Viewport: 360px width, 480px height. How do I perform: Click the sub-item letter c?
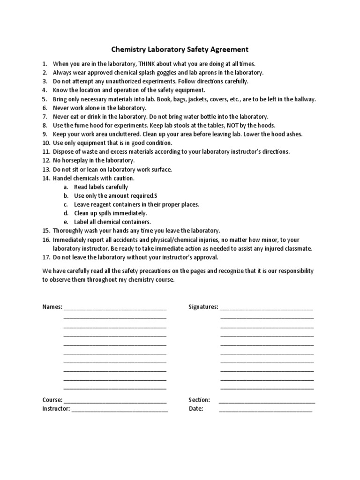click(66, 204)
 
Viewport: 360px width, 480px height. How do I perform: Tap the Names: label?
click(52, 307)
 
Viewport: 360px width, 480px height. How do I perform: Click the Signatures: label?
click(203, 307)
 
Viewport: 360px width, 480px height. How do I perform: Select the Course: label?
click(52, 400)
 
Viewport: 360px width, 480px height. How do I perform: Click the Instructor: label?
click(56, 409)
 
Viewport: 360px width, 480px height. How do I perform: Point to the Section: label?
click(199, 400)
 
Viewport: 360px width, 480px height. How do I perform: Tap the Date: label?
click(196, 409)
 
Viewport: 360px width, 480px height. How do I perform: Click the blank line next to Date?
click(265, 410)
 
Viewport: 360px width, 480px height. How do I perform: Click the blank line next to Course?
click(115, 401)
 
